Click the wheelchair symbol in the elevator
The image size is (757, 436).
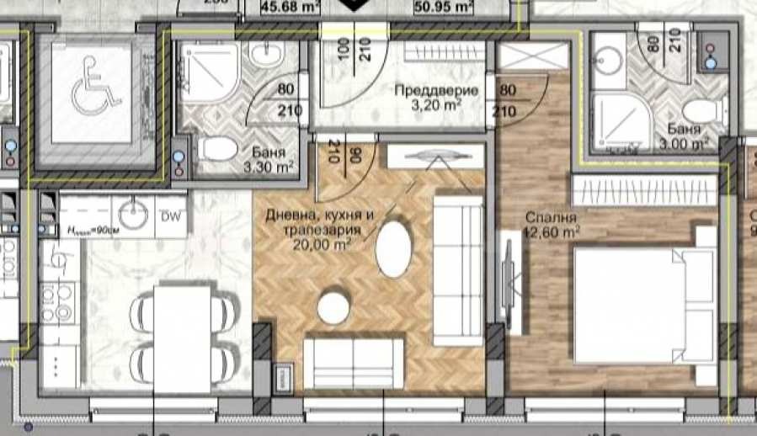[91, 95]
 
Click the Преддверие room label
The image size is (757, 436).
[437, 91]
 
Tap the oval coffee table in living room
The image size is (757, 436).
[394, 248]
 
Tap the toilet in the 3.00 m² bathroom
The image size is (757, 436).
[696, 110]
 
